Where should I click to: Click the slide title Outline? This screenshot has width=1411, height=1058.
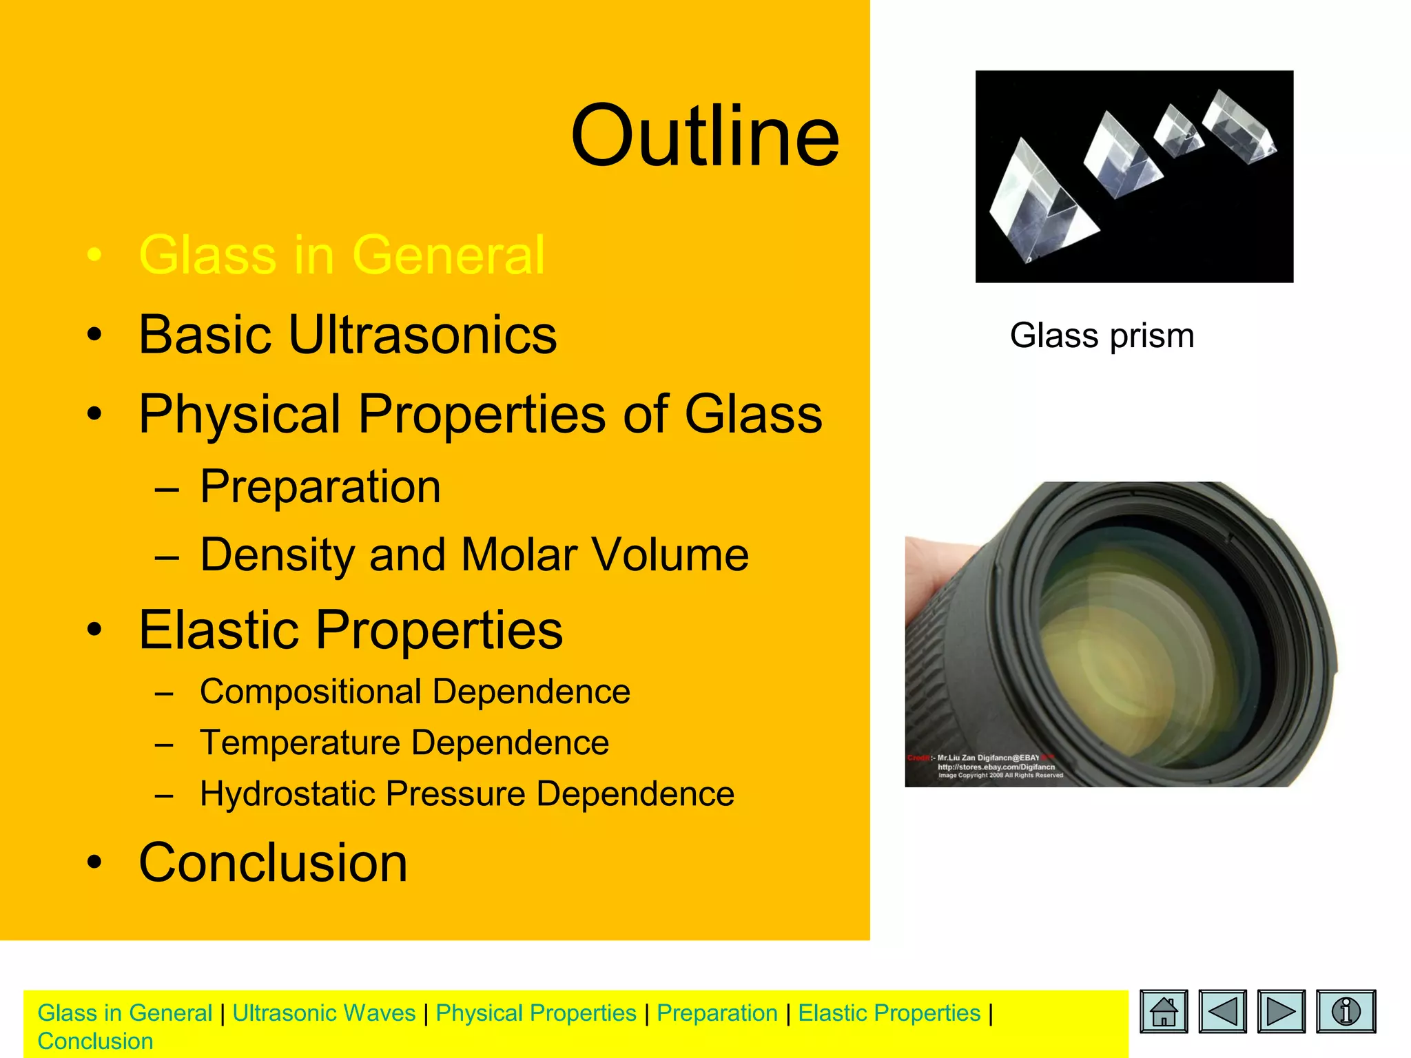click(x=704, y=136)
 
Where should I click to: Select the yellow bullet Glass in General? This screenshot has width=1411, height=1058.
click(x=342, y=255)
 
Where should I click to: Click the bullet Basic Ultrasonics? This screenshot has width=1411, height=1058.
click(x=347, y=335)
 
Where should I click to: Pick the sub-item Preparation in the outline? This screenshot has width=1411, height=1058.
click(x=320, y=487)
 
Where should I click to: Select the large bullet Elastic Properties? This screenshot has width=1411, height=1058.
click(x=350, y=630)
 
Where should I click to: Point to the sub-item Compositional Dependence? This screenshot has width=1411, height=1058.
click(x=414, y=692)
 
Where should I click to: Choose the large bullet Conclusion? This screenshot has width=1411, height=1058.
click(x=273, y=862)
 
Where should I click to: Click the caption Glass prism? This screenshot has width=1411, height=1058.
click(x=1102, y=336)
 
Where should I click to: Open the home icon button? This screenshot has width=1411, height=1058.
click(x=1164, y=1012)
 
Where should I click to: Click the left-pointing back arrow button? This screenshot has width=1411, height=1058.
click(x=1222, y=1012)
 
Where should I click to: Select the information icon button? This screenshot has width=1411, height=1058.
click(x=1345, y=1012)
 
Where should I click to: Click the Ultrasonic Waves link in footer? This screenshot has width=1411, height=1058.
click(x=324, y=1013)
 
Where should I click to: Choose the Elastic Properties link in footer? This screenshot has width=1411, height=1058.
click(x=889, y=1013)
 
